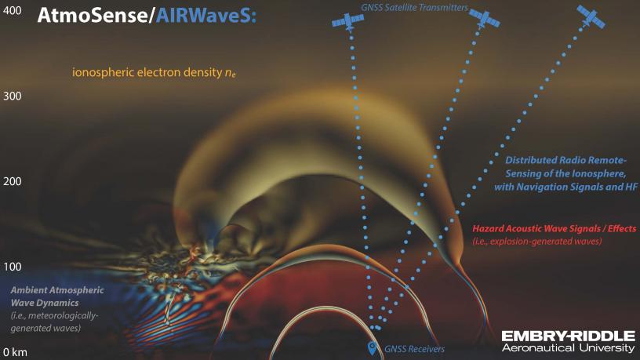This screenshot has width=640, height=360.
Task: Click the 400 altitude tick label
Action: click(13, 11)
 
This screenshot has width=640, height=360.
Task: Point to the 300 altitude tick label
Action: click(13, 96)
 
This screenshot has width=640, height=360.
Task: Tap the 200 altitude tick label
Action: click(13, 181)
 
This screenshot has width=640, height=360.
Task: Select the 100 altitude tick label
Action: click(13, 267)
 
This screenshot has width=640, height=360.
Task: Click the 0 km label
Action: click(15, 352)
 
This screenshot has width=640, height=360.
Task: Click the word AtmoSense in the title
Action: click(93, 16)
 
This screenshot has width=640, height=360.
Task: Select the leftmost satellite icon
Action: click(347, 22)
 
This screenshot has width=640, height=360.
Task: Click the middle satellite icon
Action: click(484, 18)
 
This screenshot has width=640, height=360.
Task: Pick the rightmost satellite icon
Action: click(591, 17)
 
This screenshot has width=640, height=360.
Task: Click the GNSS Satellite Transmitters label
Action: click(414, 7)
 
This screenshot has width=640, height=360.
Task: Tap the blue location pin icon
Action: click(372, 348)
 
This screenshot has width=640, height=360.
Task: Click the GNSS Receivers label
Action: click(414, 349)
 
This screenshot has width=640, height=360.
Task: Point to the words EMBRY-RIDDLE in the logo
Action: click(568, 336)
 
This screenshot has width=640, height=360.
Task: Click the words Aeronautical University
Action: click(568, 347)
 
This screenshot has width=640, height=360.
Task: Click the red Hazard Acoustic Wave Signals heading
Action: click(555, 228)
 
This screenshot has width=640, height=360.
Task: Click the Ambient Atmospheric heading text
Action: click(57, 290)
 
